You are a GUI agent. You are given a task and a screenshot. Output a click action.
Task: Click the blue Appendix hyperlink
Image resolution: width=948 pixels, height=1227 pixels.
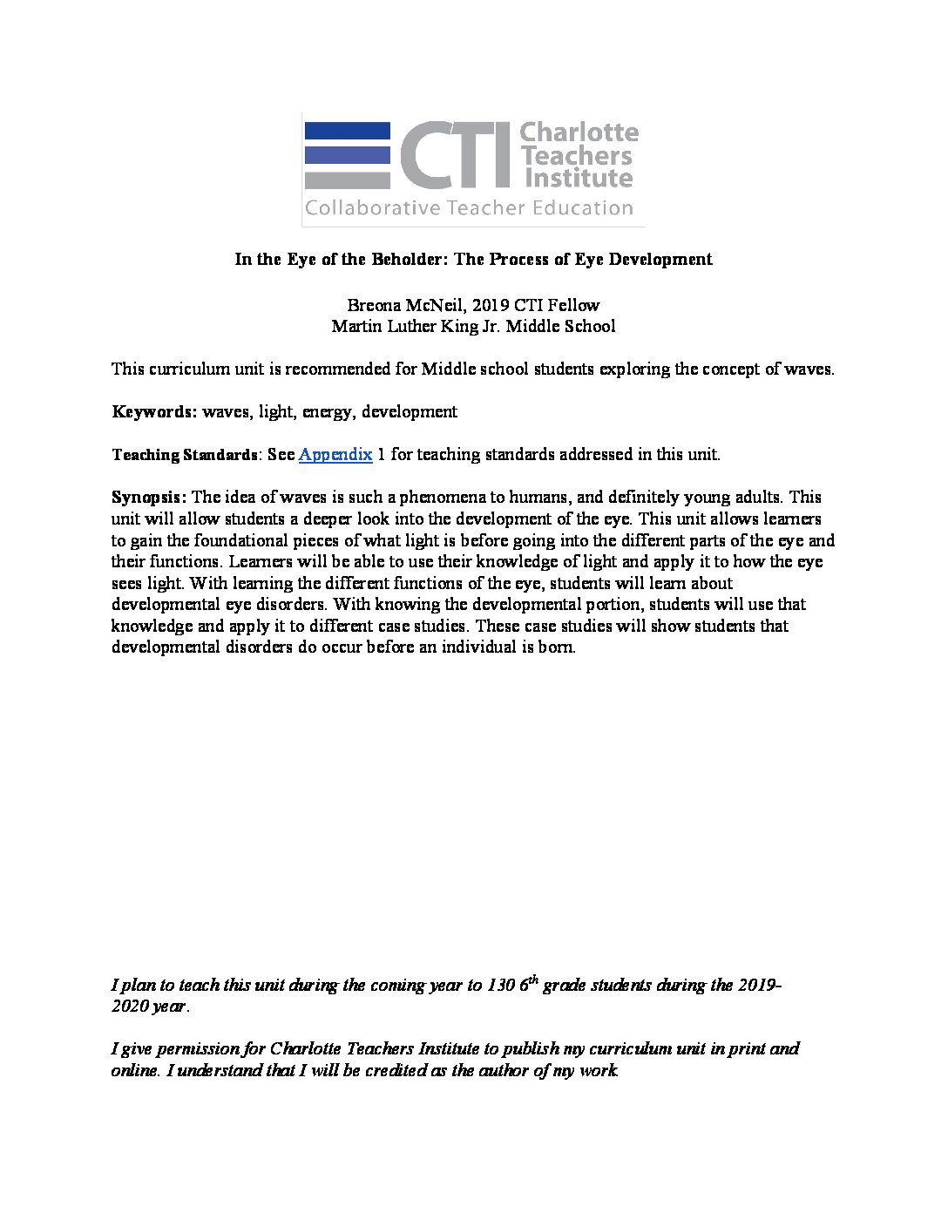(x=335, y=454)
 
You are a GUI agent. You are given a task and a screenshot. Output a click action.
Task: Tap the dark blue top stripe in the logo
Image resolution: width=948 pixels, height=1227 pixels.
(x=347, y=132)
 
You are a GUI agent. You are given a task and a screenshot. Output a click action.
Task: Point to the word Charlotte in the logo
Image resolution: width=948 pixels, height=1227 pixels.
(x=578, y=133)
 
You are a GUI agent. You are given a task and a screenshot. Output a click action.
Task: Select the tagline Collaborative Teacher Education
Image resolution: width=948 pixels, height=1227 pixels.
(x=468, y=208)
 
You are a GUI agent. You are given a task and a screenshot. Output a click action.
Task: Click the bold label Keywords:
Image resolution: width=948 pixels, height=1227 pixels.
(x=154, y=411)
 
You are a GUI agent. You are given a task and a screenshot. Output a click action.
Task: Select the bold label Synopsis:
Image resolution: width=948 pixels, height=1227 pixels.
(x=149, y=497)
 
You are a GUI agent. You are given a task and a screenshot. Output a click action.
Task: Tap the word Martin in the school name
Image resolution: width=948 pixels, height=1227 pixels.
(x=356, y=327)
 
